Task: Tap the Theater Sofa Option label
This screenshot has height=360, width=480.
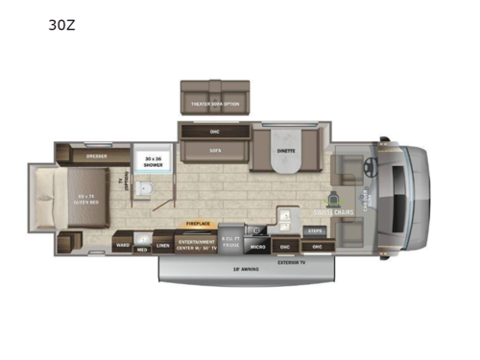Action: [x=214, y=103]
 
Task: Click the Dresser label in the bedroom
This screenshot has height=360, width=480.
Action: [x=95, y=155]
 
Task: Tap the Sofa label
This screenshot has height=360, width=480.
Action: [x=214, y=150]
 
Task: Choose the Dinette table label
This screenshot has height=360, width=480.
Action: [x=285, y=151]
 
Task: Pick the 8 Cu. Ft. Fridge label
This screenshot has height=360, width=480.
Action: [x=230, y=241]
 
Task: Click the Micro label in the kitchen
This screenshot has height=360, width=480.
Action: [x=258, y=247]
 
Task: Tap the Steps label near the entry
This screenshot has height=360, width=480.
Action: [x=314, y=230]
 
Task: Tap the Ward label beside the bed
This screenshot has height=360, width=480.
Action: [x=123, y=245]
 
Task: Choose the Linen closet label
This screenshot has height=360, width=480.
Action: [x=163, y=245]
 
